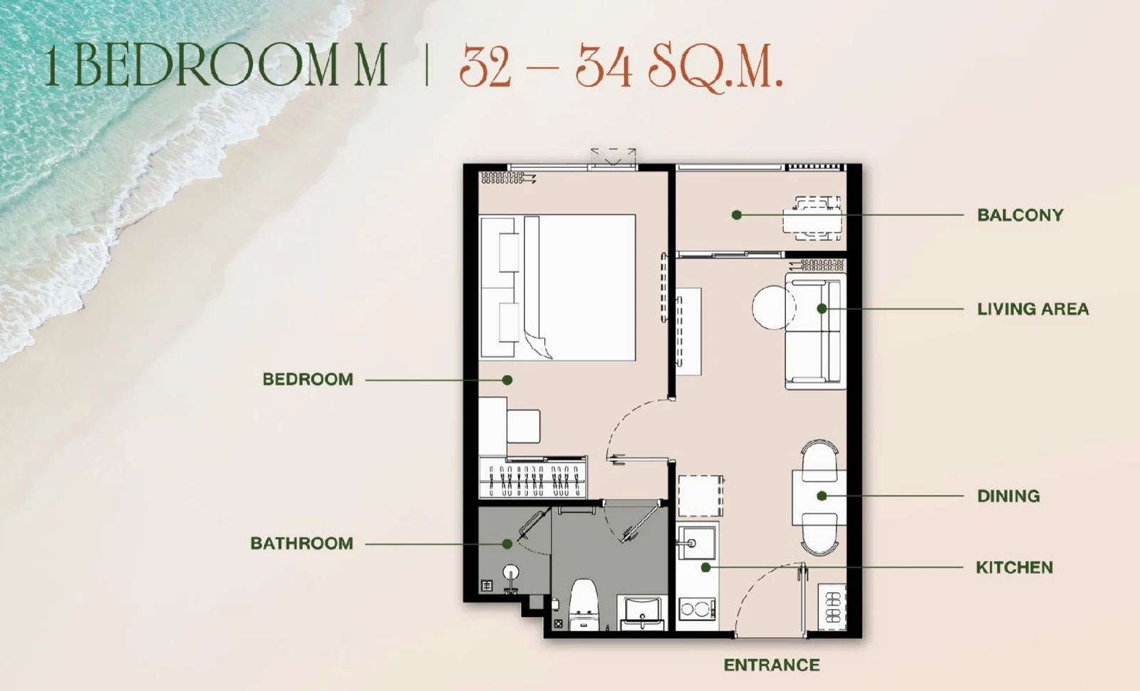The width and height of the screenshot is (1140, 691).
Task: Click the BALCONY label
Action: pos(1020,215)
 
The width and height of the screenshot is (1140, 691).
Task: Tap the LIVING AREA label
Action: pos(1032,309)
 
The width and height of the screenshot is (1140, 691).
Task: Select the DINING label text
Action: pos(1008,496)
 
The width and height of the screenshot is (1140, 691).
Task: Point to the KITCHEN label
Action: pos(1015,567)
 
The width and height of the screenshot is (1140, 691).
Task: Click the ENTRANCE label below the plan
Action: pos(772,665)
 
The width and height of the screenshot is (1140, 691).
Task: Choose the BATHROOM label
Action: pos(302,544)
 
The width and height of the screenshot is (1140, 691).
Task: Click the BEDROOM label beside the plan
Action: pos(308,379)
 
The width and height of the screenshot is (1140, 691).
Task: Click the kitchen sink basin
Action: pos(696,542)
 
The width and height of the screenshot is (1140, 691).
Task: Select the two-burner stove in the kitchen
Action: pos(698,608)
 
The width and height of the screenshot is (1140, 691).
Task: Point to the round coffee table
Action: pos(774,307)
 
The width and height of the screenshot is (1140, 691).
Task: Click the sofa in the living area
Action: pos(815,331)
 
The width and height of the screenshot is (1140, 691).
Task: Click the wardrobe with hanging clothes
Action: pos(533,477)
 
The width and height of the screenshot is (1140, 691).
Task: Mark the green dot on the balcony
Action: pos(737,215)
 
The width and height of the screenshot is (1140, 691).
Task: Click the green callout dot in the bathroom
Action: pos(507,544)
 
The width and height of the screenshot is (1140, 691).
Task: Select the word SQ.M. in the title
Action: pos(715,66)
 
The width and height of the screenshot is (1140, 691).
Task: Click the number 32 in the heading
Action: pos(485,66)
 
